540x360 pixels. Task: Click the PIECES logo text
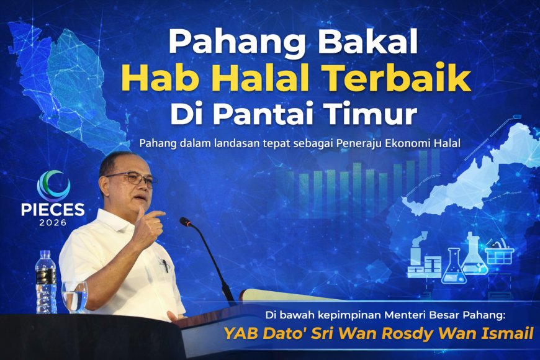(60, 209)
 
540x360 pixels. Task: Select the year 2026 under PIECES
(60, 222)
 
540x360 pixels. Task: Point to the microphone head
(185, 222)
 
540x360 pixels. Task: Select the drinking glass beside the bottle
(75, 297)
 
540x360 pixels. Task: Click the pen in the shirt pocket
(165, 265)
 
